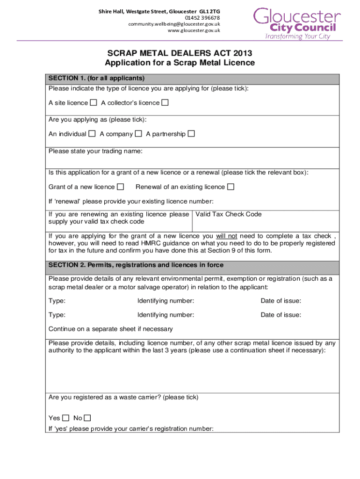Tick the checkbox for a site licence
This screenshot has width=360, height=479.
click(x=94, y=102)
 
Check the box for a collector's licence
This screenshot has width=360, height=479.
click(x=165, y=102)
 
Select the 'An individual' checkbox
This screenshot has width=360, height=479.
click(x=92, y=134)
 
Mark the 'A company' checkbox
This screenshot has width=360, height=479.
click(x=138, y=134)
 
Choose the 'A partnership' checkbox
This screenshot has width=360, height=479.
click(x=191, y=134)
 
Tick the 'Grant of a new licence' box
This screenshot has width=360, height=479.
click(x=121, y=187)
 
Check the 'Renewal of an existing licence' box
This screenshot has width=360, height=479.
click(x=230, y=187)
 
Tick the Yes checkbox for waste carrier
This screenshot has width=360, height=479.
click(x=65, y=418)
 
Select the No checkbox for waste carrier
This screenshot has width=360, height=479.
click(x=87, y=418)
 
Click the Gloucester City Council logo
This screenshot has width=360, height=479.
click(x=296, y=23)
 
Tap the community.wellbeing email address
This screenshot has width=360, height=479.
click(x=174, y=24)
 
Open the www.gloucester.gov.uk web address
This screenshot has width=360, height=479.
click(x=194, y=30)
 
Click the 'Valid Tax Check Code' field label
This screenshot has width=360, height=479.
click(x=228, y=214)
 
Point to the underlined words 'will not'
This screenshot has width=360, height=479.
click(x=226, y=236)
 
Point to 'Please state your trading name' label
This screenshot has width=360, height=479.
click(x=95, y=151)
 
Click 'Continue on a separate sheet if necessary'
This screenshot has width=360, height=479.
click(x=111, y=329)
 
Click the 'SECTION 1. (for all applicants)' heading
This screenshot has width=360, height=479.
click(x=96, y=78)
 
